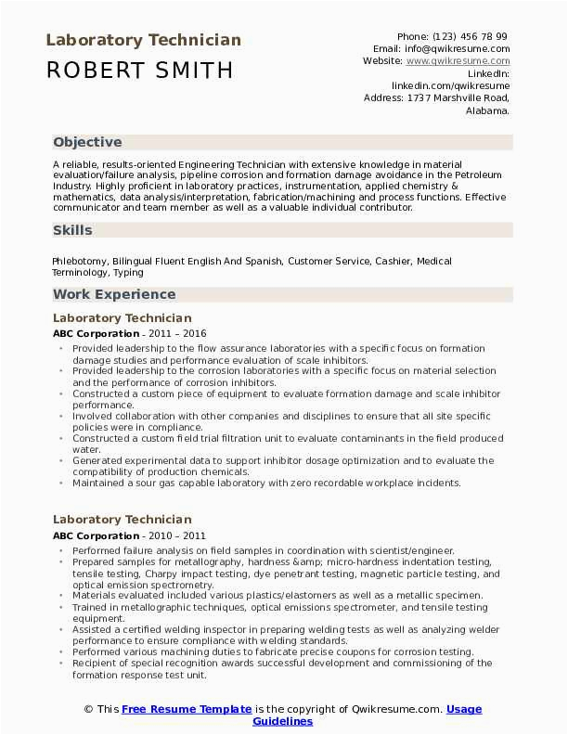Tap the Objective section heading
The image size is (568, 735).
tap(87, 142)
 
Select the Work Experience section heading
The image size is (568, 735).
tap(114, 294)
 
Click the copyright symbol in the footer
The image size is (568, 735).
tap(88, 709)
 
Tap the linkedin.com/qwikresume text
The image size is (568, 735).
tap(450, 84)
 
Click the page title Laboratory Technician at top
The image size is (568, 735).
tap(143, 40)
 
